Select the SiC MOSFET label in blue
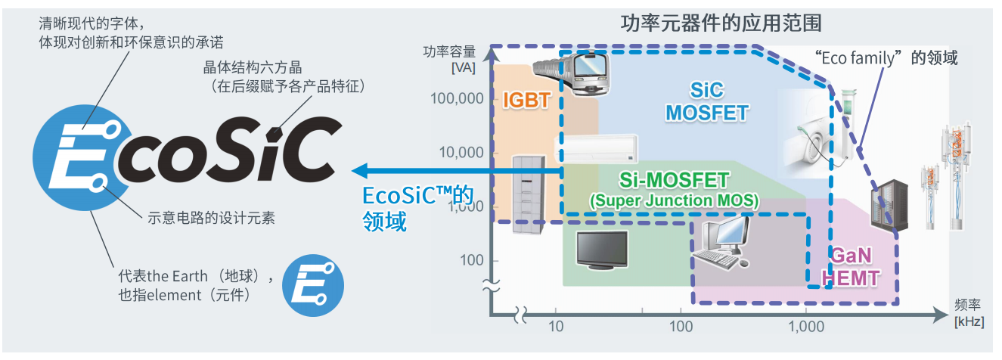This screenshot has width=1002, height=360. pyautogui.click(x=706, y=102)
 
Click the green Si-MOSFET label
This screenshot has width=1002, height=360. pyautogui.click(x=673, y=181)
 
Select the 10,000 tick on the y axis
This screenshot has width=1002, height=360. pyautogui.click(x=460, y=152)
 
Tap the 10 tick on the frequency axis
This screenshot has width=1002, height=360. pyautogui.click(x=555, y=327)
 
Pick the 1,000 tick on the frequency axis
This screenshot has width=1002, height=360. pyautogui.click(x=806, y=327)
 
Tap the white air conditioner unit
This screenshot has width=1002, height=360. pyautogui.click(x=597, y=148)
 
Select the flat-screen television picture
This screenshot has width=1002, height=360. pyautogui.click(x=602, y=250)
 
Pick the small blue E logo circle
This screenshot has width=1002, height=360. pyautogui.click(x=312, y=285)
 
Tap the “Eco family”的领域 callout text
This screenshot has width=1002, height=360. pyautogui.click(x=886, y=57)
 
